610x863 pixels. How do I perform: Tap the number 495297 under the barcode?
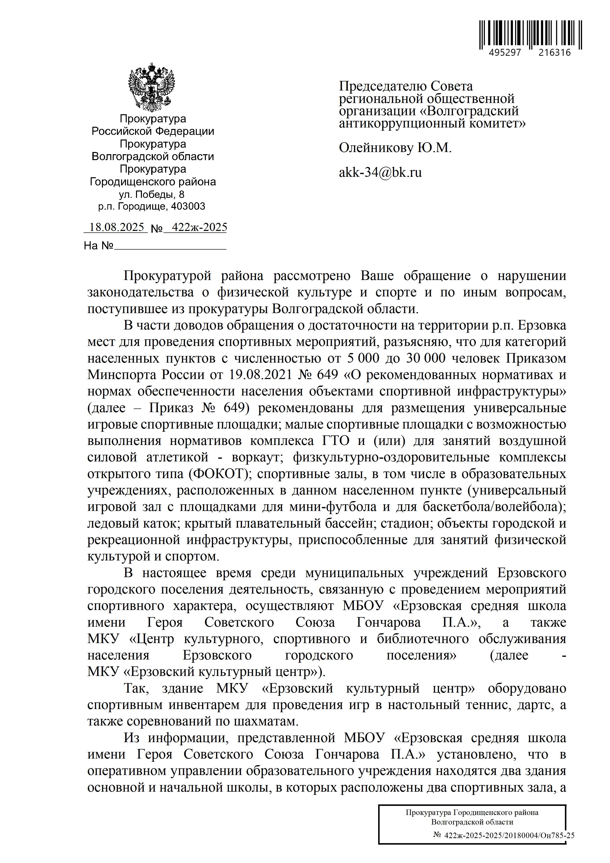tap(505, 53)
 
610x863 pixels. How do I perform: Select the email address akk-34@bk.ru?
tap(380, 173)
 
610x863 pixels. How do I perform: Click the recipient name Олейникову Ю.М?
tap(395, 148)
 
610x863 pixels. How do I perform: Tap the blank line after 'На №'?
tap(170, 246)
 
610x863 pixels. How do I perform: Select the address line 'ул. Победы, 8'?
tap(152, 194)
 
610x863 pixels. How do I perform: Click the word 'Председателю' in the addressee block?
tap(382, 87)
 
